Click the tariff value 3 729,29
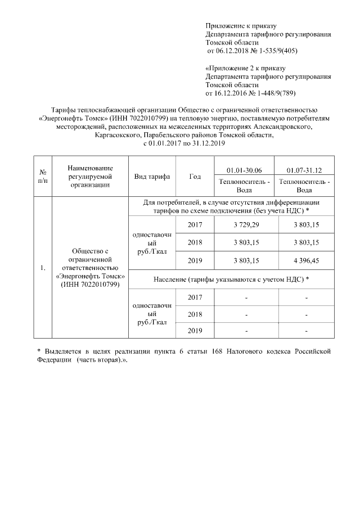[x=246, y=224]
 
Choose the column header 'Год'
[x=195, y=177]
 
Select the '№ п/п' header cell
[x=42, y=176]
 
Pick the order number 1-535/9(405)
[x=277, y=51]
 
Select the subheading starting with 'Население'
[x=231, y=279]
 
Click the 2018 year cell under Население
[x=195, y=314]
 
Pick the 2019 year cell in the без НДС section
[x=195, y=260]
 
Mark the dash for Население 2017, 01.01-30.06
[x=246, y=297]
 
